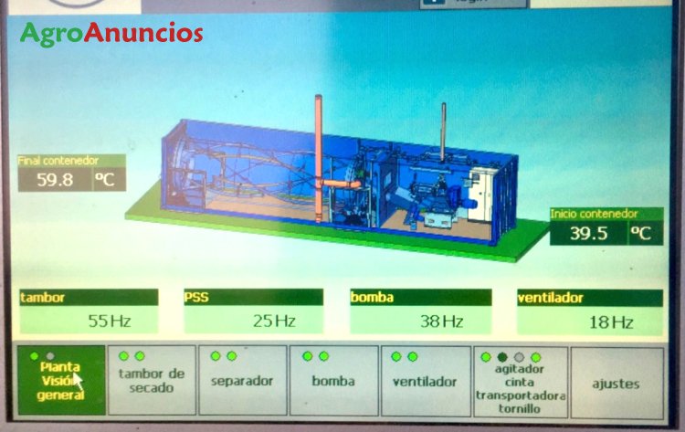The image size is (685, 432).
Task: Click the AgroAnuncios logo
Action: point(111,33)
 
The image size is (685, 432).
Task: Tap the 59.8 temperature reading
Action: point(55,180)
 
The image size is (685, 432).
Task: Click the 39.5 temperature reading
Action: point(588,233)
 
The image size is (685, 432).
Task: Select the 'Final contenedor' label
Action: point(58,161)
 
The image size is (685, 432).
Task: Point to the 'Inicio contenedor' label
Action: point(594,214)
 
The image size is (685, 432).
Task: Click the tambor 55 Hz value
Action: point(110,321)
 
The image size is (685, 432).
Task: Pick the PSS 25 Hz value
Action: point(274,321)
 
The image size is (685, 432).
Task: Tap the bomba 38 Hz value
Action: point(441,321)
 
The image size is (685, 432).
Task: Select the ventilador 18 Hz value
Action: point(611,322)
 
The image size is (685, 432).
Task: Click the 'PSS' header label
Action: point(196,298)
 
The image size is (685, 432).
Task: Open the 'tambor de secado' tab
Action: point(152,380)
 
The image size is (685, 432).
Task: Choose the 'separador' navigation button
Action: point(243,380)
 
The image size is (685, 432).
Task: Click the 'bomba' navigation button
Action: point(333,380)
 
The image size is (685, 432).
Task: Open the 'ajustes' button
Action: point(616,383)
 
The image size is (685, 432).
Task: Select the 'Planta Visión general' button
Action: point(61,380)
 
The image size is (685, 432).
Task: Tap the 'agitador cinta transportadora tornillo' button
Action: point(521,382)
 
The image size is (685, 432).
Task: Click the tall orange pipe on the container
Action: point(319,158)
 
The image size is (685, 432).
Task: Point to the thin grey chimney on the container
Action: point(443,132)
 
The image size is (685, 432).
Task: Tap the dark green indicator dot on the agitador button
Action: point(502,357)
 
